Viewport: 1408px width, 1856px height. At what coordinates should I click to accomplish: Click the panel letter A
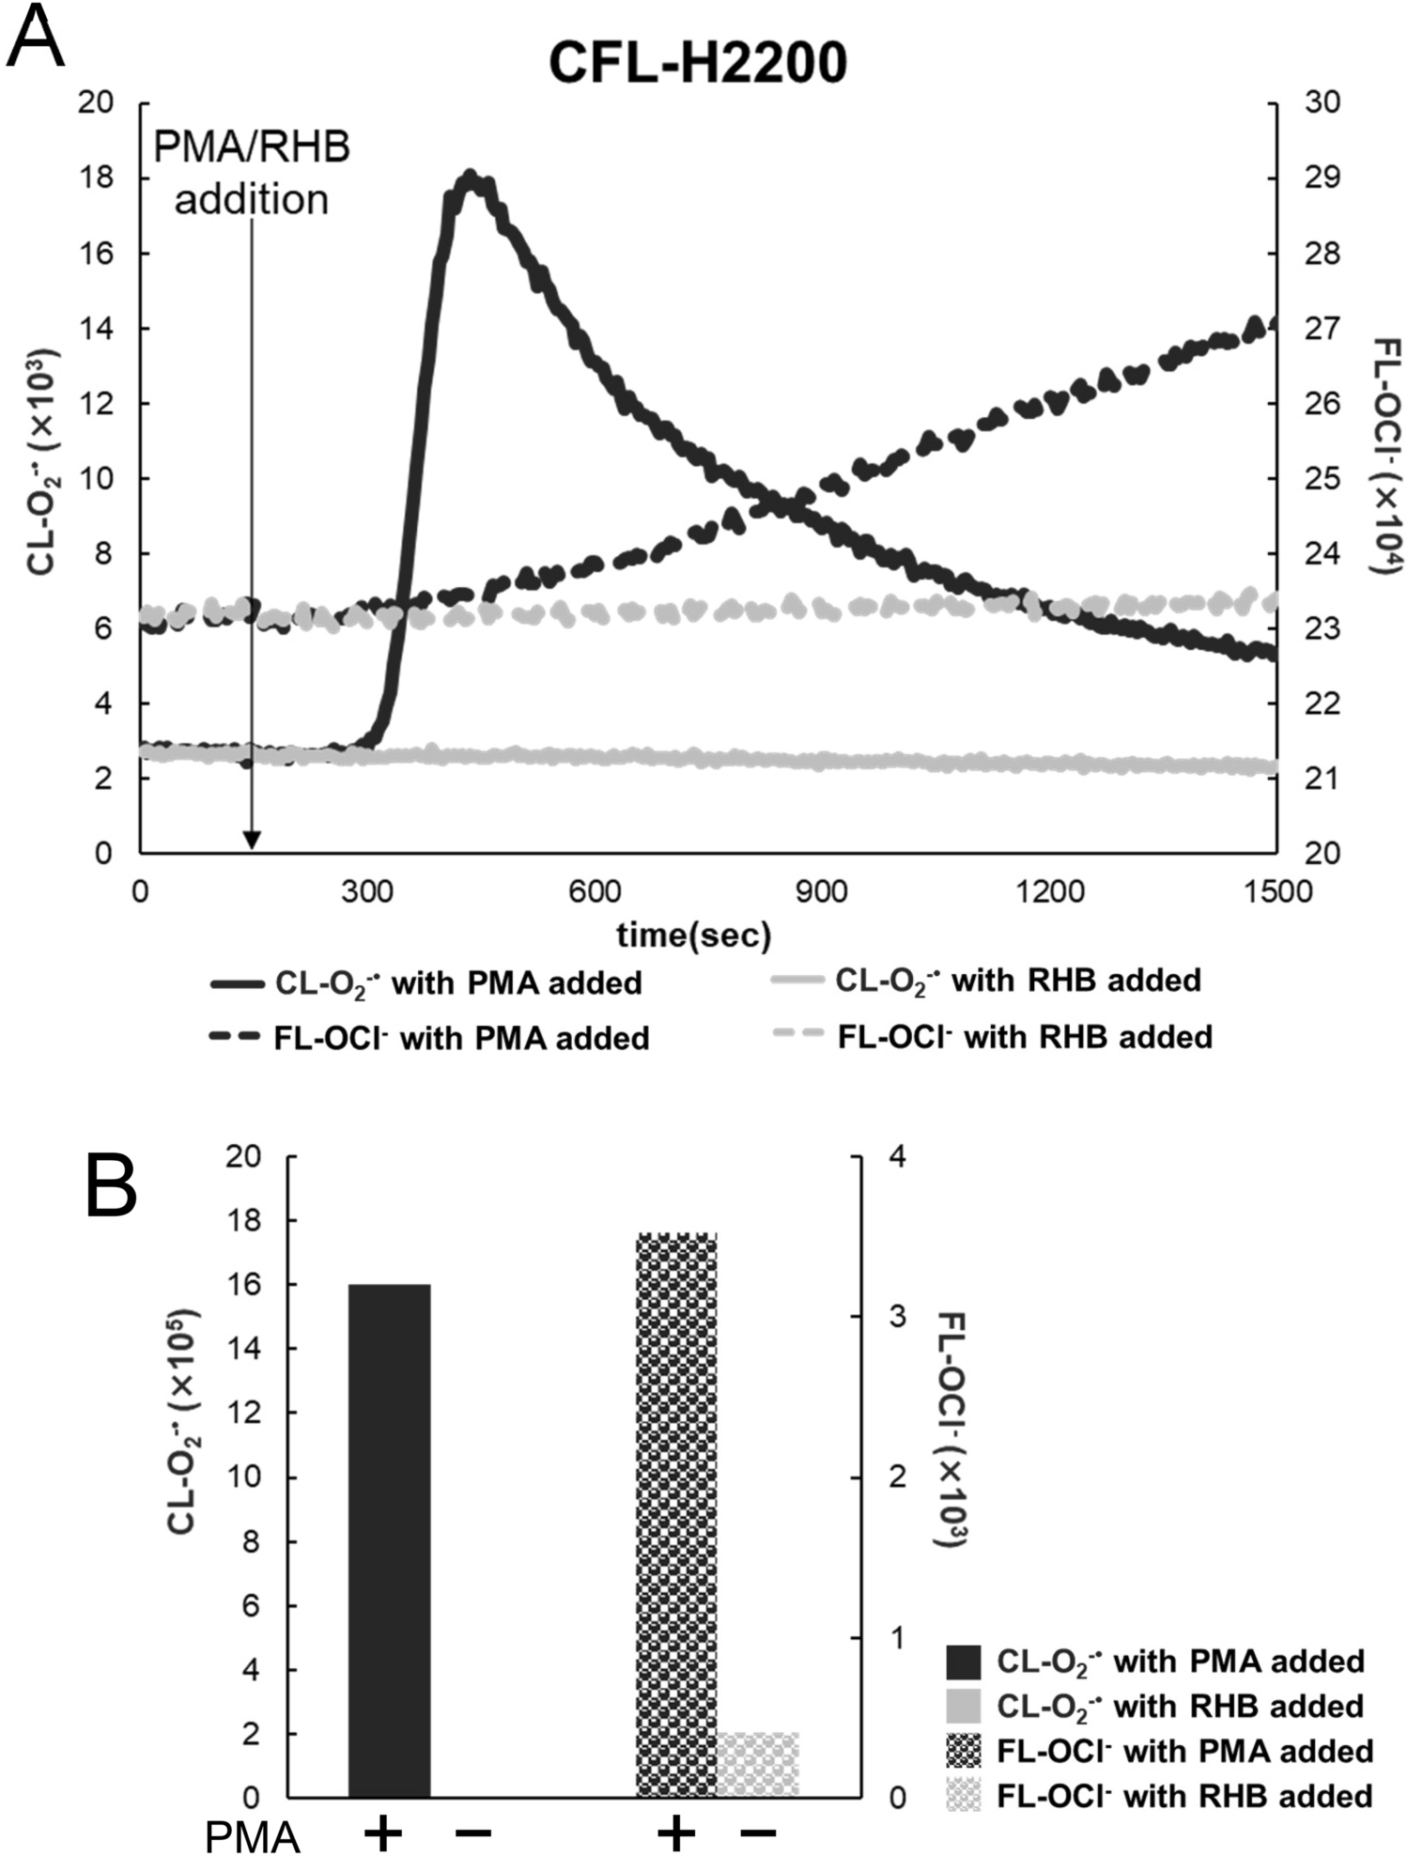coord(35,38)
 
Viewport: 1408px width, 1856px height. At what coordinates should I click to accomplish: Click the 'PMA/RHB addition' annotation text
coord(252,174)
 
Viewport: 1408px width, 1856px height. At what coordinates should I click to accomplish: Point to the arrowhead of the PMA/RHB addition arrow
coord(251,841)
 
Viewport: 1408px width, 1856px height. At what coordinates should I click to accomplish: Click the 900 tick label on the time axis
coord(821,891)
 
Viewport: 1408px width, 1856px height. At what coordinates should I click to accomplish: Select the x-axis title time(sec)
coord(694,936)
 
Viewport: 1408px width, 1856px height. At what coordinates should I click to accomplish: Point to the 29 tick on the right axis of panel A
coord(1323,178)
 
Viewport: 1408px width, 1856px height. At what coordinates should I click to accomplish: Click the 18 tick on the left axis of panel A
coord(98,178)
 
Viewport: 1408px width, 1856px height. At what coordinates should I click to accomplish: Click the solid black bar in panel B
coord(389,1540)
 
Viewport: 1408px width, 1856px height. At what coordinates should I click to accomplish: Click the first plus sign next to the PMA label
coord(381,1833)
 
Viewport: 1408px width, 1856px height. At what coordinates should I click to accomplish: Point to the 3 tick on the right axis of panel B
coord(898,1317)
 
